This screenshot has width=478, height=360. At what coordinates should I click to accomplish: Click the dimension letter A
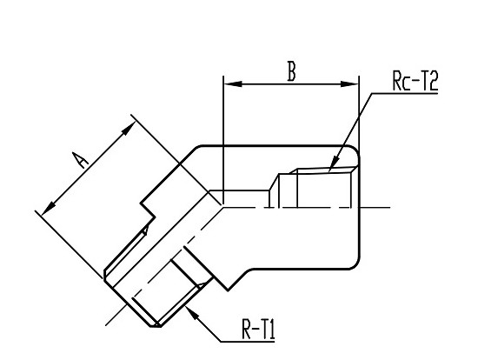click(x=81, y=160)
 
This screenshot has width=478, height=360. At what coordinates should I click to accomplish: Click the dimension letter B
click(x=292, y=71)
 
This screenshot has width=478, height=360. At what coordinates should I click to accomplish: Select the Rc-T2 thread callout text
click(x=415, y=81)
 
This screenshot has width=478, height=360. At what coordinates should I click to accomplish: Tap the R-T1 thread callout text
click(x=258, y=329)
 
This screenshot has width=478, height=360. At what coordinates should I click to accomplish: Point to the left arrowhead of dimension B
click(x=233, y=83)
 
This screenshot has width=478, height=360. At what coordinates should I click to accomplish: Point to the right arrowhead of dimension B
click(x=349, y=83)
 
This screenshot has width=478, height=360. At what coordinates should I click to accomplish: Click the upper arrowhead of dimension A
click(x=129, y=128)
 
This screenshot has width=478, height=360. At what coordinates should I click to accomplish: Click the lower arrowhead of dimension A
click(x=48, y=209)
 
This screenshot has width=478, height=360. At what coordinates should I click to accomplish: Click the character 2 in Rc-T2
click(x=433, y=81)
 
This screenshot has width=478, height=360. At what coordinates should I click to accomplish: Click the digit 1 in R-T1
click(x=272, y=329)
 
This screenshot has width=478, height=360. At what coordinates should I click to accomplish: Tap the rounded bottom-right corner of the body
click(x=355, y=263)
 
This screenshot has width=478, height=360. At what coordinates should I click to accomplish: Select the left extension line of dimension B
click(x=223, y=139)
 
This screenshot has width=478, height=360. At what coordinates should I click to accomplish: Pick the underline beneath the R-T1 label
click(x=248, y=342)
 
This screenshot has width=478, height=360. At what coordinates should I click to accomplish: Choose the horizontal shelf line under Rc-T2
click(x=405, y=93)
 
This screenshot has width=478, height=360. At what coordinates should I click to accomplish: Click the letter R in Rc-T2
click(x=397, y=81)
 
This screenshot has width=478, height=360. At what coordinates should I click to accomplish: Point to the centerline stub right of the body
click(x=375, y=208)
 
